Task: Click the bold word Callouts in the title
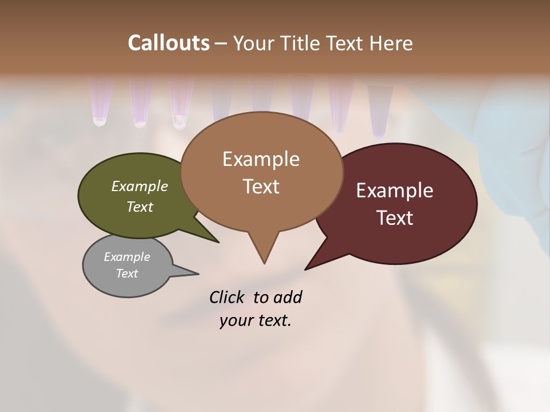(168, 43)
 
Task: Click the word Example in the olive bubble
(140, 186)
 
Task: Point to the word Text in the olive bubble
(140, 207)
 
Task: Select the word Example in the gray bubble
(127, 257)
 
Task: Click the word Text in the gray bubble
(127, 274)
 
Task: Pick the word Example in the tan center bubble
(261, 159)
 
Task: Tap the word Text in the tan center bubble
(261, 187)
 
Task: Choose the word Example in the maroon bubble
(395, 191)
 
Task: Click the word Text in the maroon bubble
(395, 218)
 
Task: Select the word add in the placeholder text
(288, 297)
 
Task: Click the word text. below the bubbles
(273, 320)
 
